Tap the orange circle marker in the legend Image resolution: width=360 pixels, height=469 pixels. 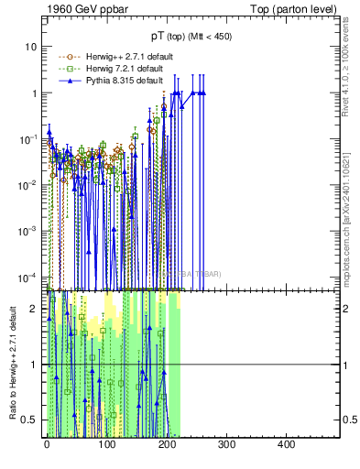point(70,57)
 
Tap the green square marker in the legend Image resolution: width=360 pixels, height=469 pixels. point(70,69)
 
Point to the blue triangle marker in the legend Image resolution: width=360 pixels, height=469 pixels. point(70,81)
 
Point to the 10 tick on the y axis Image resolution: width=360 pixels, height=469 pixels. point(32,47)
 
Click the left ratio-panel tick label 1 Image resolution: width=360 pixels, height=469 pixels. point(34,365)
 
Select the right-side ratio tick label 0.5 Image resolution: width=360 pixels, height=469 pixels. point(348,420)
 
